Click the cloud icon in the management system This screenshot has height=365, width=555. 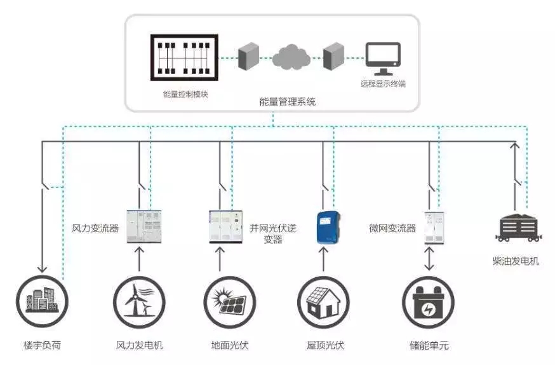click(291, 57)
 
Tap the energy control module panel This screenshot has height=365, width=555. click(184, 58)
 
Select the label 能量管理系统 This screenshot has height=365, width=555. click(288, 102)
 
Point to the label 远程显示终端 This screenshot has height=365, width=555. click(382, 84)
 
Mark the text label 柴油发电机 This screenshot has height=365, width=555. click(516, 261)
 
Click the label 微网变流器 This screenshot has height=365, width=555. click(392, 228)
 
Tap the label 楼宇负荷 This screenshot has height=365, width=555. click(43, 346)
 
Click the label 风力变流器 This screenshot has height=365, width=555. click(95, 228)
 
